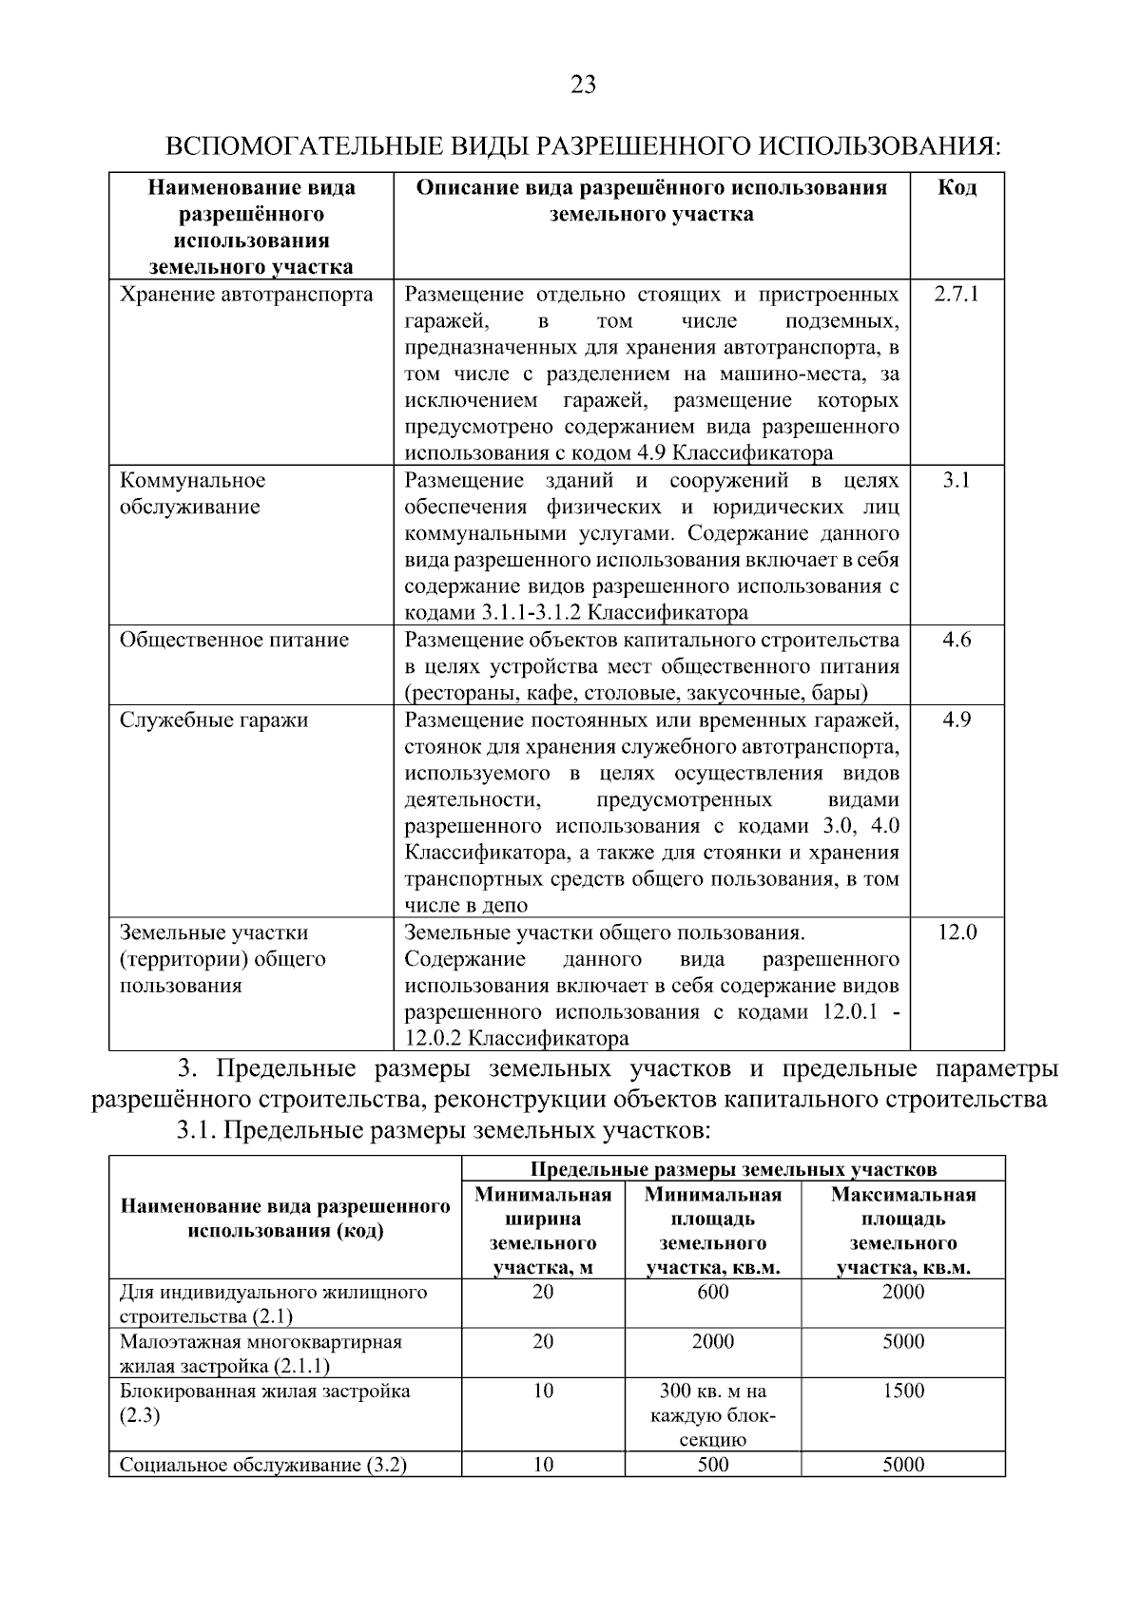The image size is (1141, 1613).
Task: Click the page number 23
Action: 583,86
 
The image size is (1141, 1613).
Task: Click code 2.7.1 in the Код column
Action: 956,294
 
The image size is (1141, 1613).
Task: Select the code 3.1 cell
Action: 956,480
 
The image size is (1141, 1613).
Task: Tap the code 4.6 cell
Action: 956,640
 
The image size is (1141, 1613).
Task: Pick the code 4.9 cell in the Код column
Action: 956,720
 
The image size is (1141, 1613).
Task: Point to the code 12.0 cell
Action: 956,932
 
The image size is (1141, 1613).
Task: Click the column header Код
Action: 957,187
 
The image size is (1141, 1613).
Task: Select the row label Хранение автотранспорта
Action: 246,294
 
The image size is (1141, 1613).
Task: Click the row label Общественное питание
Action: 234,640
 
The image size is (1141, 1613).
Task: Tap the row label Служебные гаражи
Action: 214,720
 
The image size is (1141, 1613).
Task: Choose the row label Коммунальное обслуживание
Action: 193,493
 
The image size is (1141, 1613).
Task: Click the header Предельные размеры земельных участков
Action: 732,1169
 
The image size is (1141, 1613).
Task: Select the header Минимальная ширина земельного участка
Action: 542,1230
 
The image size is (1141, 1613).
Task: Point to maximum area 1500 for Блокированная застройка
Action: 902,1391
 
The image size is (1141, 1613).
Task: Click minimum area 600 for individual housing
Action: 712,1292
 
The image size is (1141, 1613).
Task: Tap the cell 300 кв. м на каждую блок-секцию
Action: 712,1415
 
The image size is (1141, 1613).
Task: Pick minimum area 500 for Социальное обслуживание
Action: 712,1465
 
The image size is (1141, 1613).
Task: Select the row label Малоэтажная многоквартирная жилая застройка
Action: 261,1354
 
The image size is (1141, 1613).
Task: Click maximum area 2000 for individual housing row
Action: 902,1292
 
